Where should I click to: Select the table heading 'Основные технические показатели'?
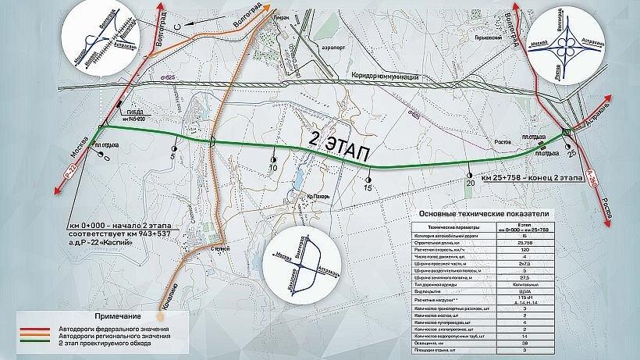pyautogui.click(x=483, y=213)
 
